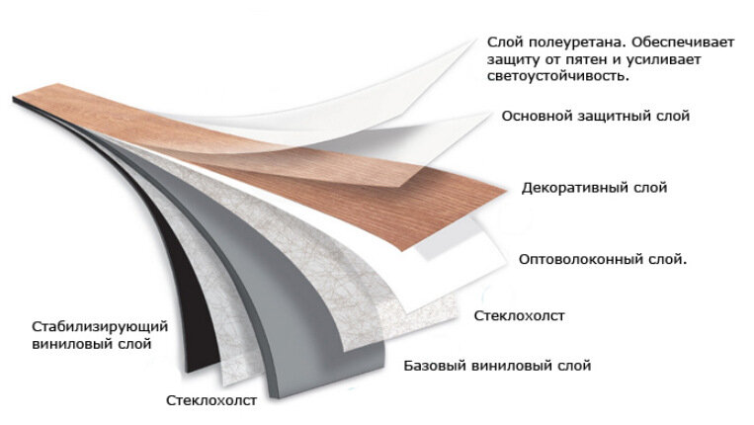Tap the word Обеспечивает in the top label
(x=683, y=42)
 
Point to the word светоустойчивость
(x=557, y=76)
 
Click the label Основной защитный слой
(x=595, y=116)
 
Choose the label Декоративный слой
(x=594, y=188)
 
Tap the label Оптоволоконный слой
(x=603, y=260)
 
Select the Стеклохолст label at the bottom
(x=211, y=400)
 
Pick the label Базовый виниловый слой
(x=497, y=366)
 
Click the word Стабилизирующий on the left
(x=100, y=327)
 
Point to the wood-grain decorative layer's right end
(x=506, y=192)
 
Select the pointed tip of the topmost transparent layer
(x=475, y=41)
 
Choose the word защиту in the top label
(x=512, y=60)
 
